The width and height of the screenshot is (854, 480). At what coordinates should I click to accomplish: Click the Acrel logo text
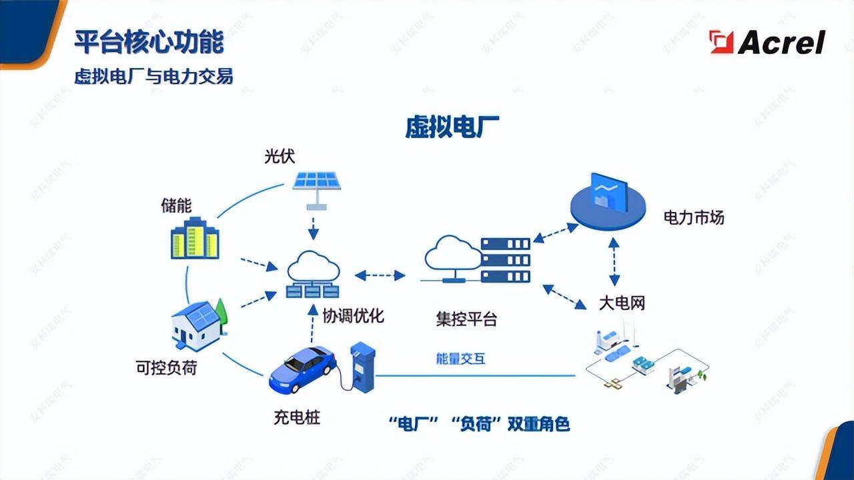(x=781, y=43)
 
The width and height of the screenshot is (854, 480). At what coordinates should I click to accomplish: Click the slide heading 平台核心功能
(x=149, y=42)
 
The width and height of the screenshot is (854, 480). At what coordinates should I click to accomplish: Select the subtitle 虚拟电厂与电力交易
(x=153, y=77)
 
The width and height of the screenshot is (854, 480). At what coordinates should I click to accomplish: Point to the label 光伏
(x=280, y=157)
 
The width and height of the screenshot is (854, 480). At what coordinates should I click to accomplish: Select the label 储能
(x=176, y=205)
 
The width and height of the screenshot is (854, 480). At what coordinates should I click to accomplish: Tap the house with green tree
(x=199, y=325)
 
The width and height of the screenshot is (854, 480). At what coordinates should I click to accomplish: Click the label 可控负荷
(x=166, y=367)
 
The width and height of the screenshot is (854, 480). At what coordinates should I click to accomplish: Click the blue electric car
(x=302, y=369)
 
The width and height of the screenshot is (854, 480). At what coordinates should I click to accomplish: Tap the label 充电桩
(x=297, y=419)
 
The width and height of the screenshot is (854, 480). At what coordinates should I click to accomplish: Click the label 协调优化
(x=353, y=315)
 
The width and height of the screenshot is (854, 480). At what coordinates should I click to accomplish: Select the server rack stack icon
(x=505, y=259)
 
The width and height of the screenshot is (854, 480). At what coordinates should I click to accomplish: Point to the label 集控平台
(x=466, y=319)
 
